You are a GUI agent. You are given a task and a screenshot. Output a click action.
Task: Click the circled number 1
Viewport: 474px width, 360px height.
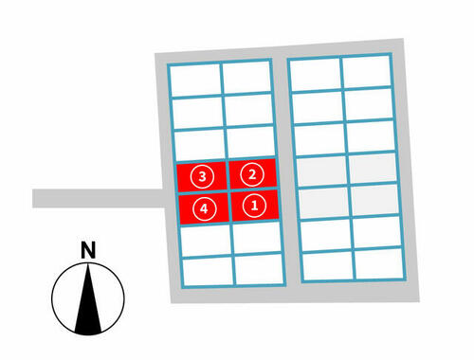(254, 206)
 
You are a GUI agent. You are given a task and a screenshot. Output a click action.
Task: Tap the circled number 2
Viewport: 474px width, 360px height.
(252, 174)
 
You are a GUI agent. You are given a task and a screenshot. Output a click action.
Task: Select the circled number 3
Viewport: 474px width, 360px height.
(202, 176)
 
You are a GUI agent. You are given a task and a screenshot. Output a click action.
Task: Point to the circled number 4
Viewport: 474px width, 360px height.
(205, 208)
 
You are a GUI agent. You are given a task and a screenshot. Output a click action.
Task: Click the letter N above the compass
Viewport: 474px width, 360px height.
(88, 250)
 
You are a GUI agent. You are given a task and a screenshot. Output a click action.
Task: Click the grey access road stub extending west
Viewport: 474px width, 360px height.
(98, 198)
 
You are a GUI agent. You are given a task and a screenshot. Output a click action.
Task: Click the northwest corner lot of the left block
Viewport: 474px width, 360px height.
(195, 81)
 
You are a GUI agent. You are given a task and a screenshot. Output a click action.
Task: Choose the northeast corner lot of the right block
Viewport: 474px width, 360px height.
(367, 71)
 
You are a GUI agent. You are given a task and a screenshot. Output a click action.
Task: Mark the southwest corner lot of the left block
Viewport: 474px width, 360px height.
(209, 271)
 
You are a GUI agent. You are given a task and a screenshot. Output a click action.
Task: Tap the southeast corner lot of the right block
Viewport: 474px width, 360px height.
(379, 263)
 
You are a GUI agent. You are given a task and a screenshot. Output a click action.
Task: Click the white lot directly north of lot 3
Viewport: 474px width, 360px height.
(201, 145)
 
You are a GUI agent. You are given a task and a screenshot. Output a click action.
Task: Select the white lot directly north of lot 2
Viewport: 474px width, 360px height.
(251, 142)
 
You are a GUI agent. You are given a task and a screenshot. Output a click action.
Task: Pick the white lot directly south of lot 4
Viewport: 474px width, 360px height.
(206, 240)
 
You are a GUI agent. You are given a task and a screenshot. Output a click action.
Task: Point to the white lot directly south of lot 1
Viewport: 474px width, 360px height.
(257, 237)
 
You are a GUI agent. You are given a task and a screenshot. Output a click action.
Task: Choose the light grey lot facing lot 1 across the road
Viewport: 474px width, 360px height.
(324, 203)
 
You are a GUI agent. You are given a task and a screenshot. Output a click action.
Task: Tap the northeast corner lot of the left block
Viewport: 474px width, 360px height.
(246, 78)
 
